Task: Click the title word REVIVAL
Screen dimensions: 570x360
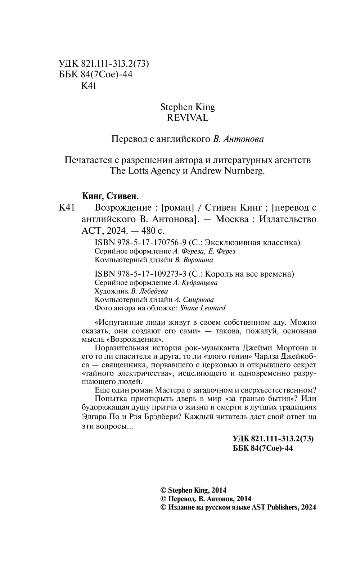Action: [x=188, y=118]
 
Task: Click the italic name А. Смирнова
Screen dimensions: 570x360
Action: [x=194, y=300]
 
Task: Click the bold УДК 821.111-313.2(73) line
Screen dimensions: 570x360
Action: [x=274, y=439]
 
